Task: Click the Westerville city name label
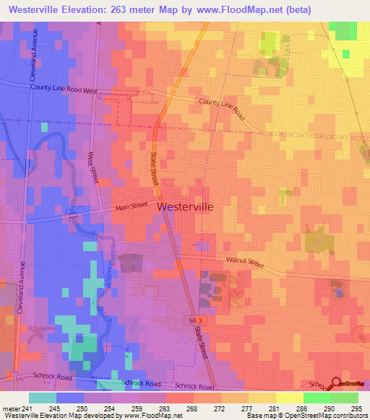(185, 206)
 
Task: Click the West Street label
(92, 164)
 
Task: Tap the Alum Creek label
(113, 271)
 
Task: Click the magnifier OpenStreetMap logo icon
(337, 385)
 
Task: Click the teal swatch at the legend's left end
(43, 397)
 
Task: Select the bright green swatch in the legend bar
(317, 397)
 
